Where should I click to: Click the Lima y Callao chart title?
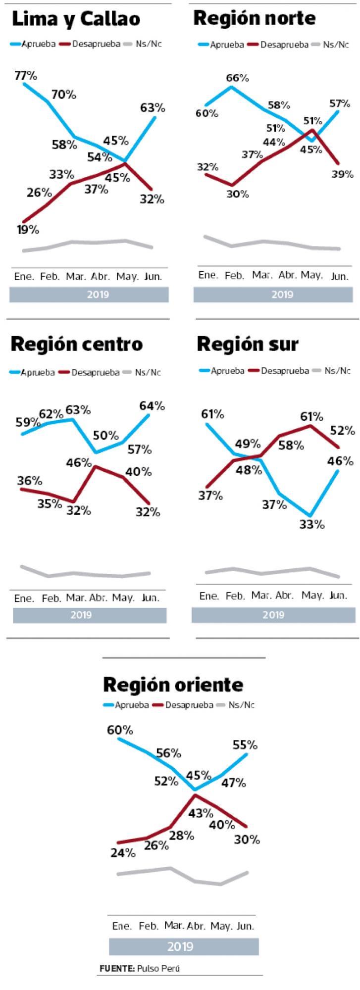tap(76, 19)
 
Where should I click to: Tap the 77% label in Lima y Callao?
tap(26, 76)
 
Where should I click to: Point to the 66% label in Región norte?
tap(237, 78)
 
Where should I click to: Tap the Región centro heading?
tap(77, 344)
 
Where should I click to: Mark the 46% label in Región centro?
tap(80, 463)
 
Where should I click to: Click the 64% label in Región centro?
tap(152, 406)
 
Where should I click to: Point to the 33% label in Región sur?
tap(312, 525)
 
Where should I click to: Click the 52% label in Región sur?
tap(343, 431)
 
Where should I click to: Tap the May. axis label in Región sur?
tap(312, 595)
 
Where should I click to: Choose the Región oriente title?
tap(173, 685)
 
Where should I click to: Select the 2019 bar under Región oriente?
tap(184, 946)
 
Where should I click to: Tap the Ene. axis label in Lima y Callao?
tap(24, 276)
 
